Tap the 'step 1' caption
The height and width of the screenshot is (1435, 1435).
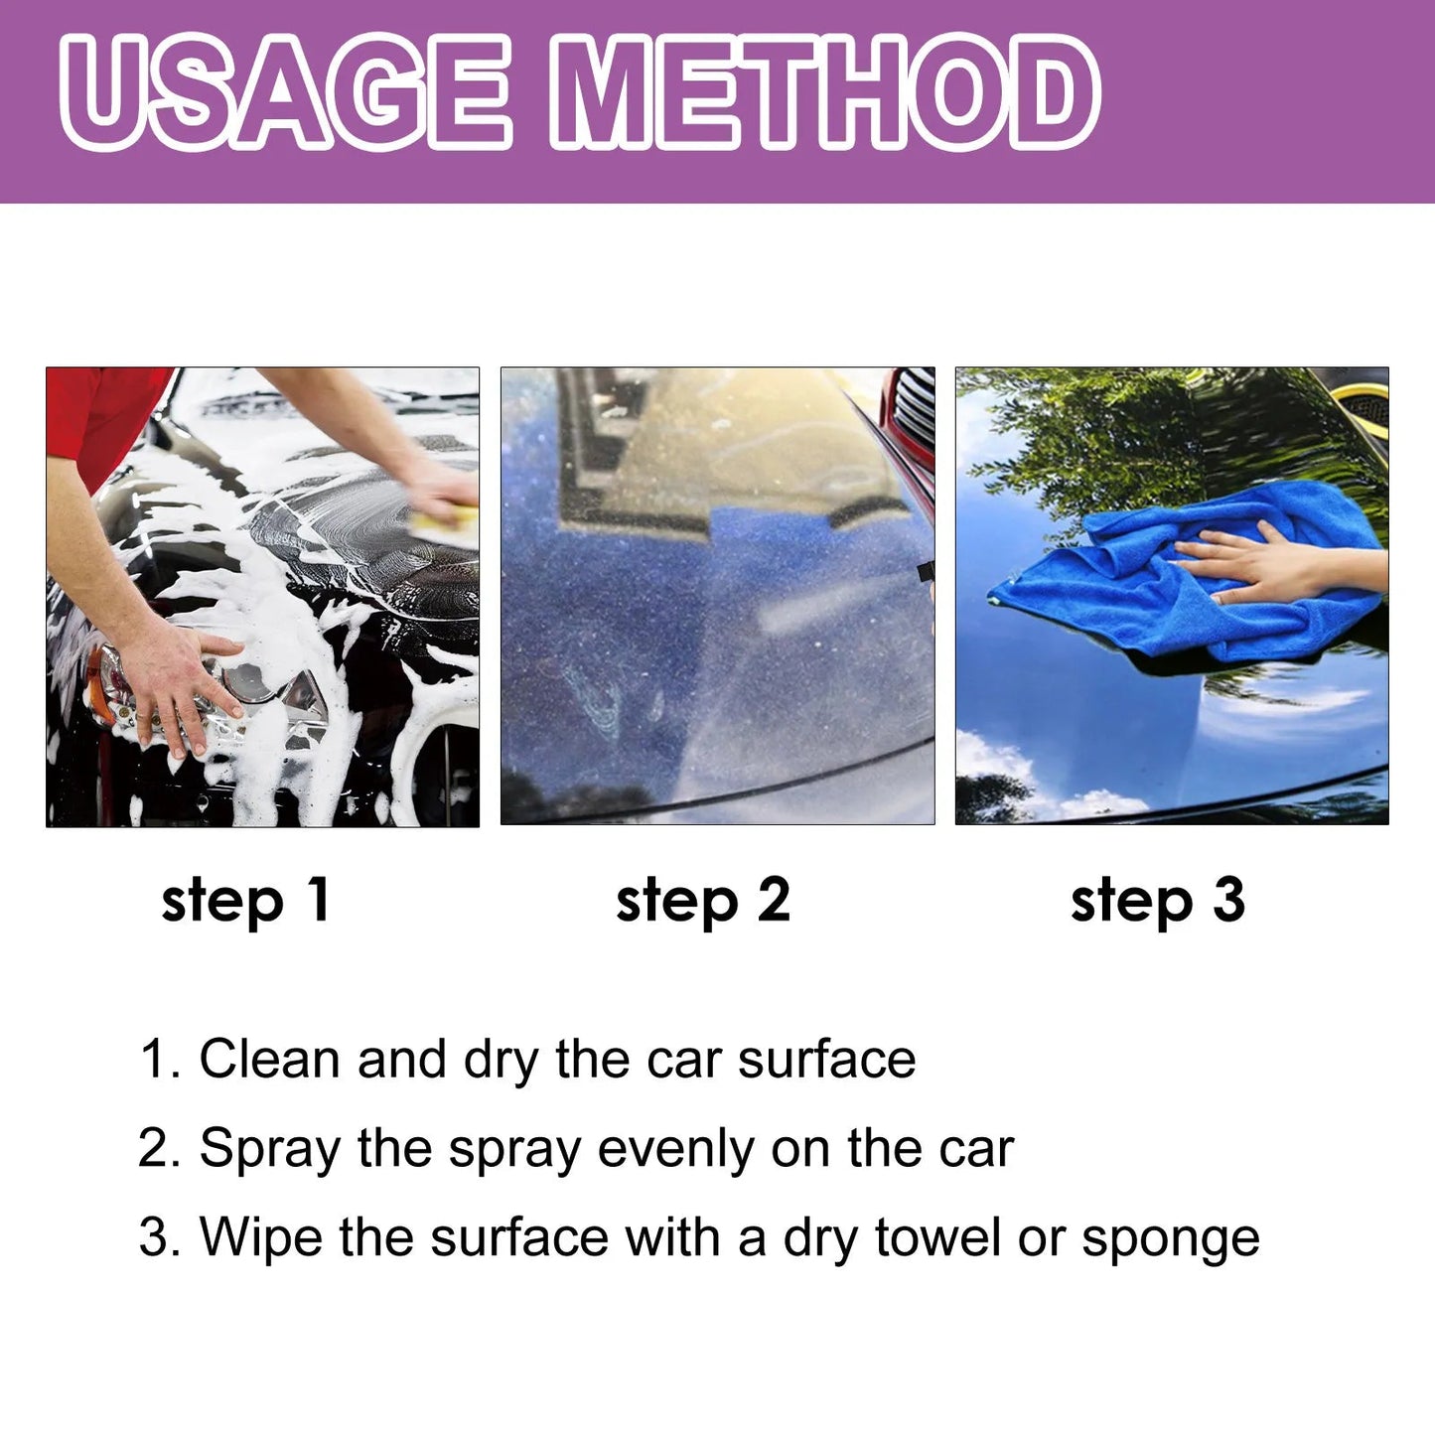245,901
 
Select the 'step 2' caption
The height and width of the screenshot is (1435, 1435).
702,901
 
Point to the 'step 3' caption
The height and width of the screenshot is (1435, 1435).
1157,901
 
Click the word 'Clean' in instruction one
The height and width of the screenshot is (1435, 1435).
269,1059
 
